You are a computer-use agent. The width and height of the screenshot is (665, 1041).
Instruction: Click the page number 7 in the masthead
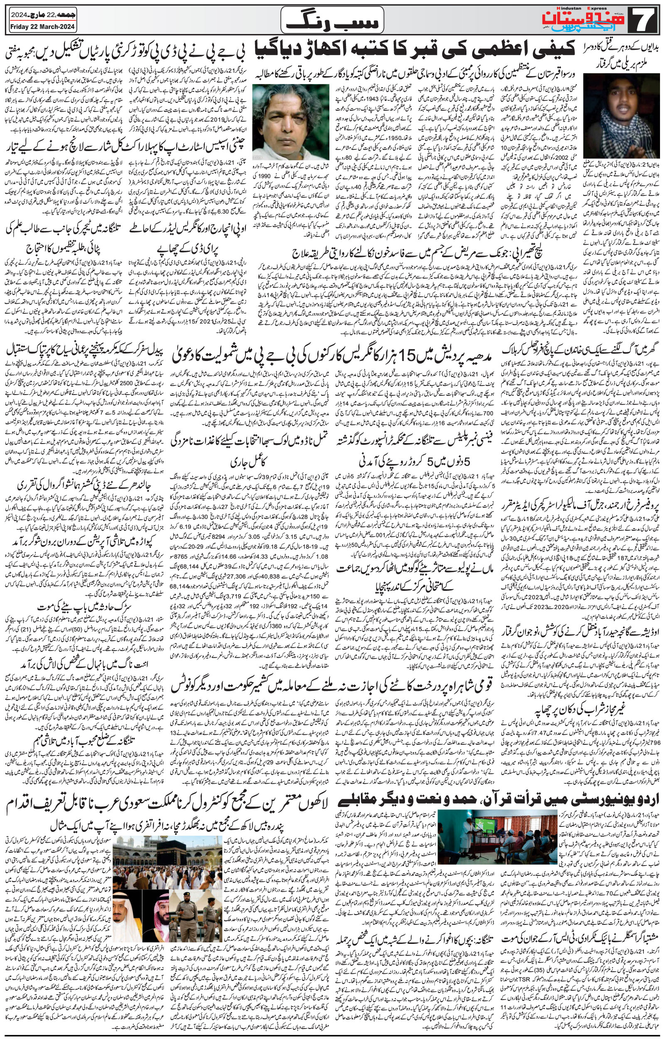point(647,20)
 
